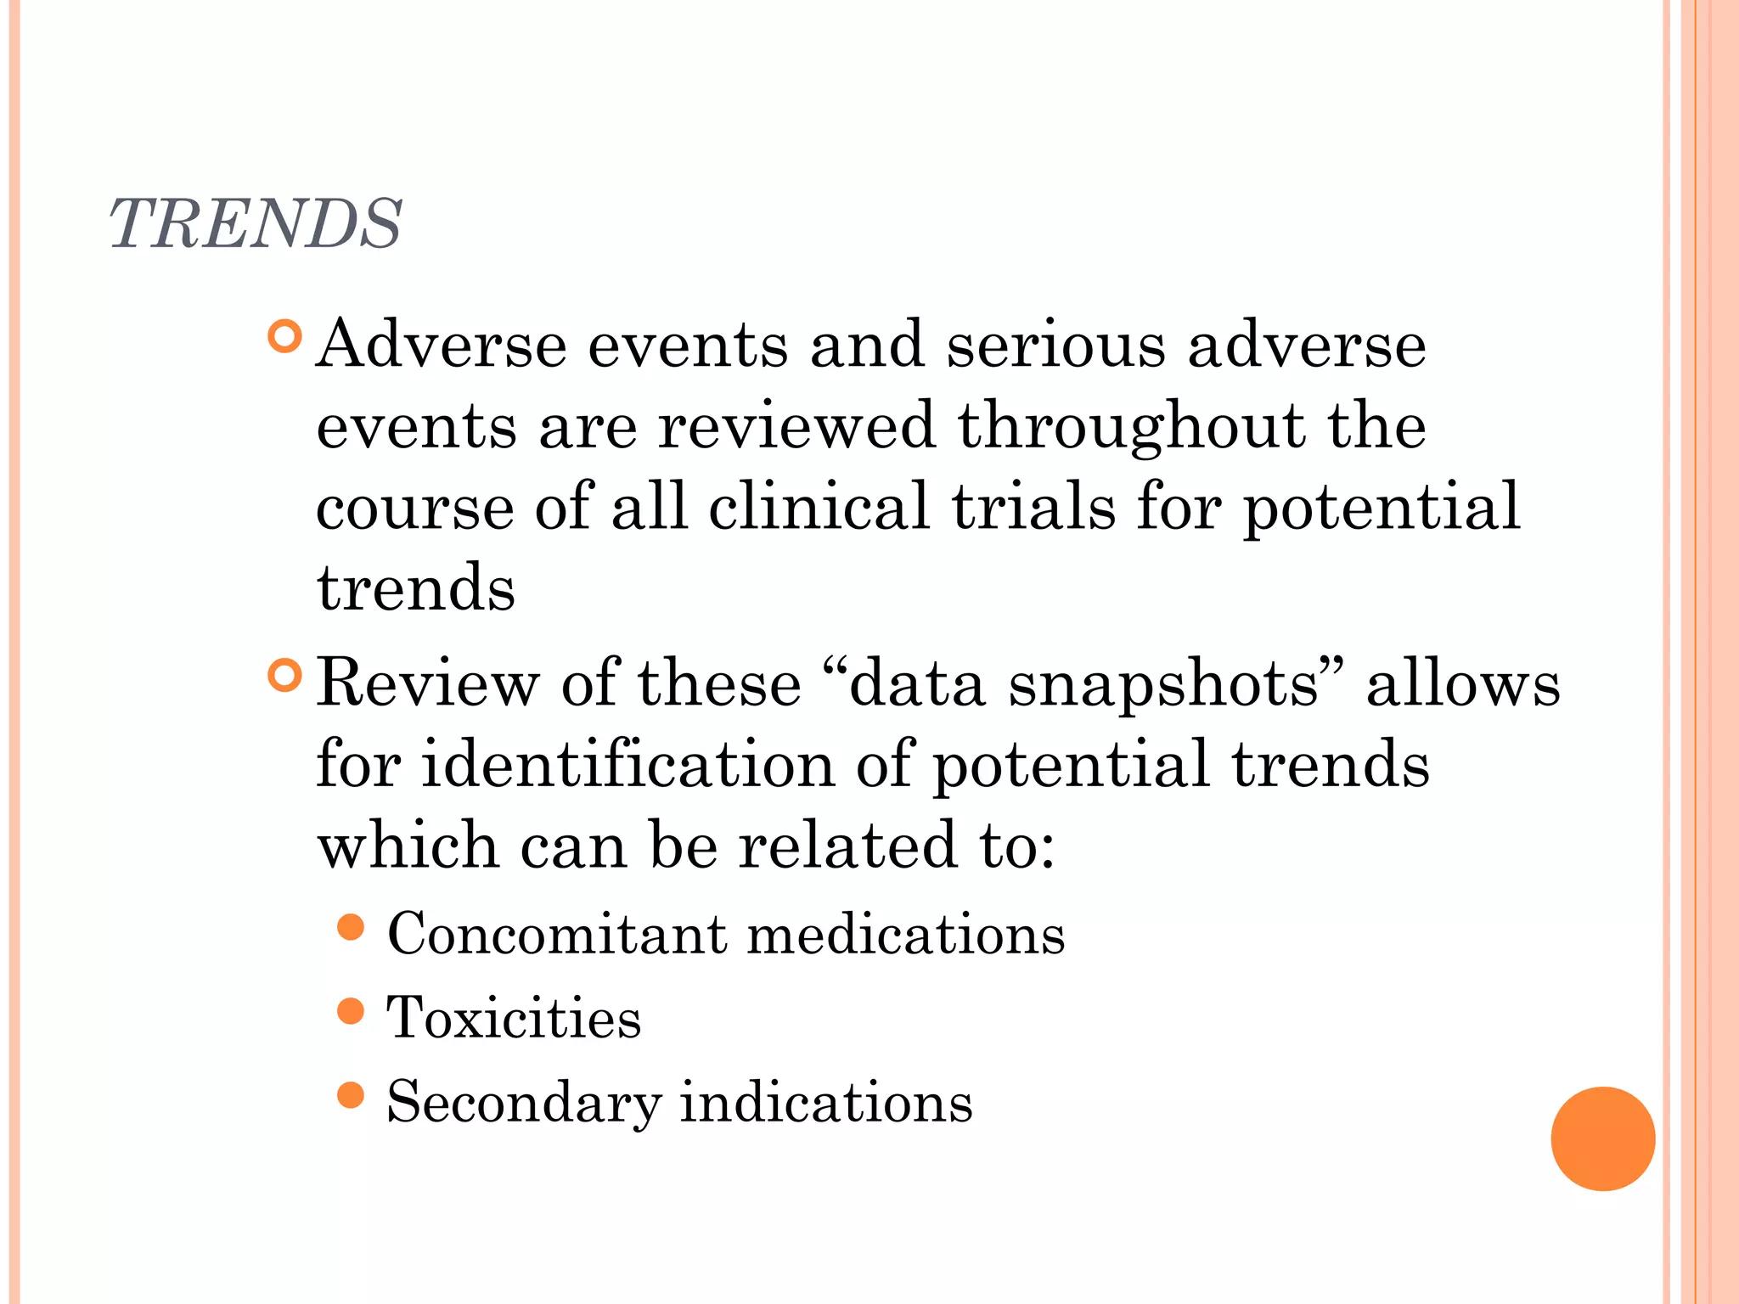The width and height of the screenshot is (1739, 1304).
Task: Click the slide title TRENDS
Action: [x=255, y=223]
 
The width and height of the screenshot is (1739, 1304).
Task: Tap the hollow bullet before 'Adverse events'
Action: [x=284, y=337]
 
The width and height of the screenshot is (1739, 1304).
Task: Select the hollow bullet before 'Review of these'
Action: [x=284, y=676]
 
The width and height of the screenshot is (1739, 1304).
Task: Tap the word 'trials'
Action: [x=1033, y=507]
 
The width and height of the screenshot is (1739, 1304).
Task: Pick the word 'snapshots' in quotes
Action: [x=1163, y=684]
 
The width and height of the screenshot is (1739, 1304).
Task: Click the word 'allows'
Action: [x=1462, y=683]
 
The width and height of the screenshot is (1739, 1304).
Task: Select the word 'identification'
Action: [x=628, y=764]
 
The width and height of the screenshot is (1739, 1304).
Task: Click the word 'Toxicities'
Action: [x=514, y=1017]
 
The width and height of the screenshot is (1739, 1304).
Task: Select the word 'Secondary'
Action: [x=523, y=1102]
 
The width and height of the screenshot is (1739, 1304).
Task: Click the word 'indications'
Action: [x=825, y=1101]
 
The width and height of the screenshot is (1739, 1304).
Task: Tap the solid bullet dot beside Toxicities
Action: [x=351, y=1011]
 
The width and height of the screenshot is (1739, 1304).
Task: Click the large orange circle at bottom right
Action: [x=1602, y=1138]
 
